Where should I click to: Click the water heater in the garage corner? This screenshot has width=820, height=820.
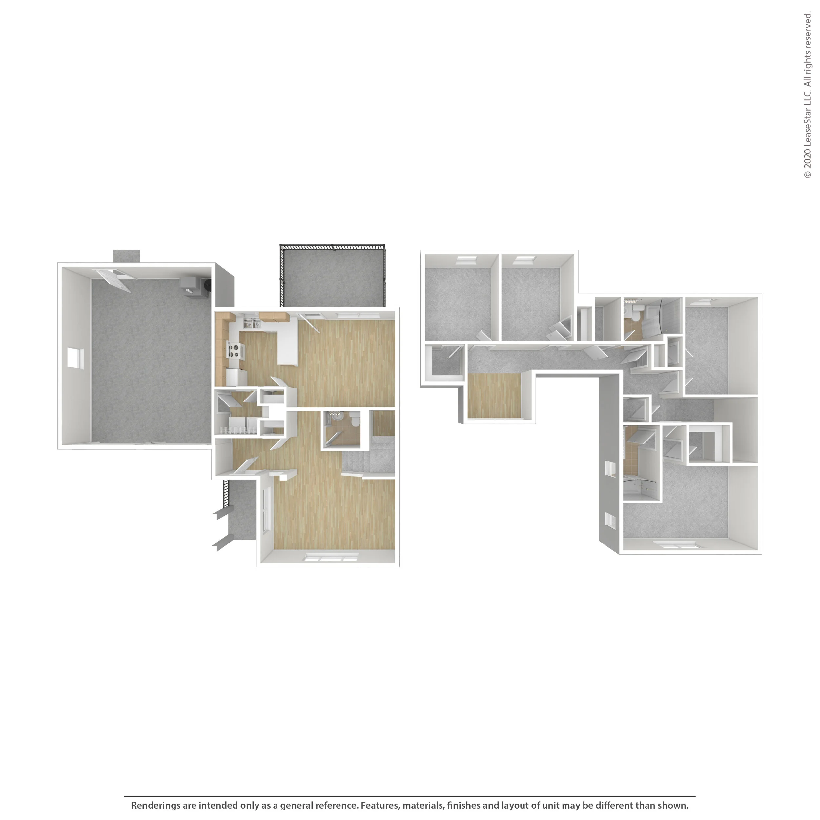point(207,284)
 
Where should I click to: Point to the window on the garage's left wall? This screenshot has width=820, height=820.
point(75,358)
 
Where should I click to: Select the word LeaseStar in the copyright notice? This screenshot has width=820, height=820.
point(807,123)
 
